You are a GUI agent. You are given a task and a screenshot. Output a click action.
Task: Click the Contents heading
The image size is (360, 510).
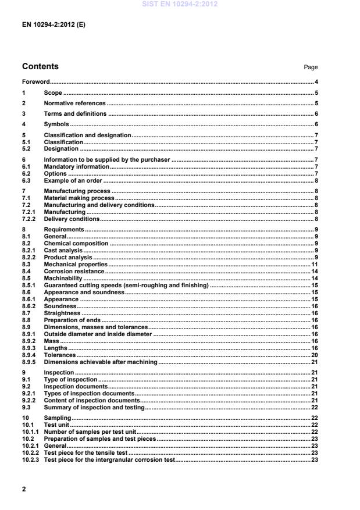click(40, 66)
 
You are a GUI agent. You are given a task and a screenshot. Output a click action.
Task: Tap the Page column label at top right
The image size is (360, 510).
click(311, 67)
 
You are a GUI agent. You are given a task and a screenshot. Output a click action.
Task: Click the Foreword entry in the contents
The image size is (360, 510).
click(35, 82)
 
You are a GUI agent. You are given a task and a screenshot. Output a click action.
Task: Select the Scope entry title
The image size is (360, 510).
click(53, 93)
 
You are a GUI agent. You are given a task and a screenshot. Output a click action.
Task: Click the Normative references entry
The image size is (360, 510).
click(74, 104)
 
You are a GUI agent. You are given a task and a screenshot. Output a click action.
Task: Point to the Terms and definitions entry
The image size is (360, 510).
click(75, 114)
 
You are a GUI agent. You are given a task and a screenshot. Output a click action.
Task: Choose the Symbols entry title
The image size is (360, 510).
click(56, 124)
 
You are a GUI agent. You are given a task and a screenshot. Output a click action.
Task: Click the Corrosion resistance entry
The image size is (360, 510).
click(74, 272)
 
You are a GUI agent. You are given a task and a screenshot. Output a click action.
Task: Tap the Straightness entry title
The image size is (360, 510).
click(62, 313)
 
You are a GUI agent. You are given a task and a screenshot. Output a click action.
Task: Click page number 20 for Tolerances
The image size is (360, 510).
click(315, 355)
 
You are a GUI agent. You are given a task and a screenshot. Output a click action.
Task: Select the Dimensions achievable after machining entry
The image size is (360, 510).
click(101, 362)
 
